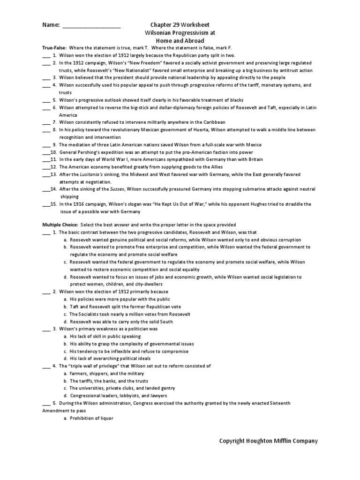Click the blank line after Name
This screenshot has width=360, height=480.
coord(91,25)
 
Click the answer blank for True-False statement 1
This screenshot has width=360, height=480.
coord(46,55)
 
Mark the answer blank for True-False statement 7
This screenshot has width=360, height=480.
coord(46,122)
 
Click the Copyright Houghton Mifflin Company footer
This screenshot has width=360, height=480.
coord(269,441)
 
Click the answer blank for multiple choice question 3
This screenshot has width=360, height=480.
coord(46,329)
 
